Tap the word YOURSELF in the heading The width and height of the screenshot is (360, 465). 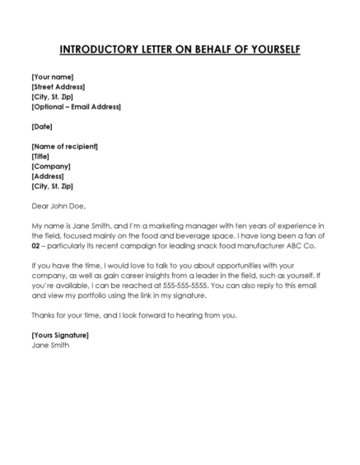click(x=269, y=49)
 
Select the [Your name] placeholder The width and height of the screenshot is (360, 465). click(x=53, y=76)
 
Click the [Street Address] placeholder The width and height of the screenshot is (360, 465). click(x=58, y=86)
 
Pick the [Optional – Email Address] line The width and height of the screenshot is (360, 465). click(x=76, y=106)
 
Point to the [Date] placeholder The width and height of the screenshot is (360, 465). click(x=42, y=126)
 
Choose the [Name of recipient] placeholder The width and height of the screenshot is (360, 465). click(x=64, y=146)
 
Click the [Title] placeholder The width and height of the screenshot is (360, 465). click(x=41, y=156)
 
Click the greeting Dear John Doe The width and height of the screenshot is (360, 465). click(x=58, y=206)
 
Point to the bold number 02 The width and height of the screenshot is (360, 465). click(x=36, y=246)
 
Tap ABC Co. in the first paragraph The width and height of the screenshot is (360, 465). click(x=314, y=246)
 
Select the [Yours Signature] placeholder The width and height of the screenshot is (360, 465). click(x=59, y=335)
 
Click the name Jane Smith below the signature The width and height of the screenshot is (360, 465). click(x=50, y=345)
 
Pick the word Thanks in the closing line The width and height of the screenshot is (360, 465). click(x=43, y=315)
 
